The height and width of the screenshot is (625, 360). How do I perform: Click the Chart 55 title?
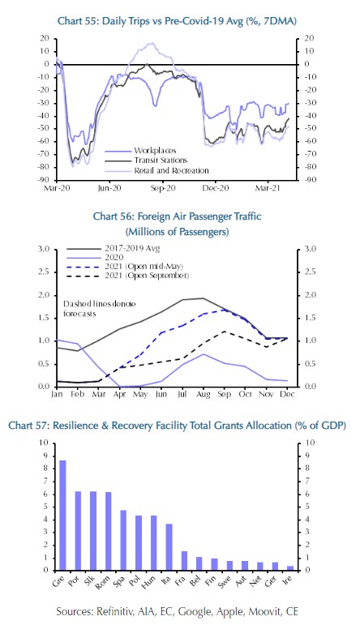point(177,21)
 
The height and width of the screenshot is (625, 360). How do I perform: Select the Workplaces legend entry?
point(140,151)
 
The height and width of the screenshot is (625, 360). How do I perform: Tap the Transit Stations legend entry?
point(146,161)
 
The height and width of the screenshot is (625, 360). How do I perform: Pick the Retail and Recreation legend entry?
point(156,170)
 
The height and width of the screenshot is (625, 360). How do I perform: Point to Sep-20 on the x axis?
point(163,188)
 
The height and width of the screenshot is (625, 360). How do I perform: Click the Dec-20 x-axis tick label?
point(216,188)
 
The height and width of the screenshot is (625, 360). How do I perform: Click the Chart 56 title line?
point(177,216)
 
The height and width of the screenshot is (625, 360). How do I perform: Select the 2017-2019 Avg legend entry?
point(113,248)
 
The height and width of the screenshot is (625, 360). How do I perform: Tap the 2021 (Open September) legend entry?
point(127,276)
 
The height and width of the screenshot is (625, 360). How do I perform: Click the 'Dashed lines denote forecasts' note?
point(99,309)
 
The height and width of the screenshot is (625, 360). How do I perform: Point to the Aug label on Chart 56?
point(204,394)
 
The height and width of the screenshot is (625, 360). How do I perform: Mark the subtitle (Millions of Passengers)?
point(177,232)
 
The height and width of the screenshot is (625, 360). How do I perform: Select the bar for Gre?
point(62,515)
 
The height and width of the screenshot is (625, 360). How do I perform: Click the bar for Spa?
point(123,540)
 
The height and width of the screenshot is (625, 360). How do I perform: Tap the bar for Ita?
point(169,547)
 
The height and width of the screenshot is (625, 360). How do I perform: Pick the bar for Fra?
point(184,561)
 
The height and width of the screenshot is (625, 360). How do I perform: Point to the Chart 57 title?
point(177,426)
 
